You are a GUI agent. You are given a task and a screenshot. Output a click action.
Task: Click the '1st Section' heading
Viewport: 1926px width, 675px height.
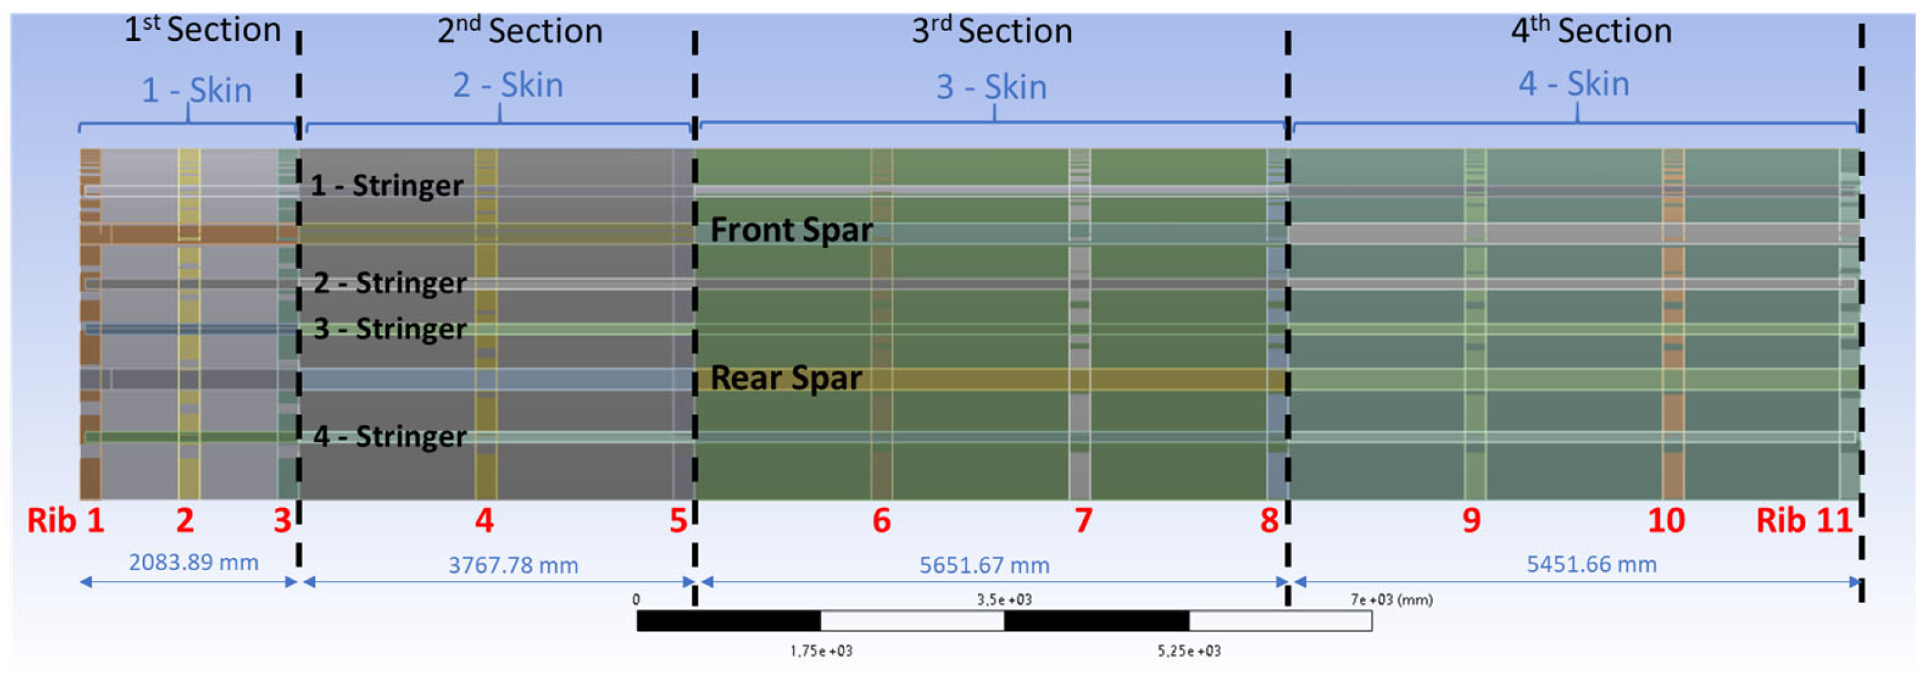tap(202, 30)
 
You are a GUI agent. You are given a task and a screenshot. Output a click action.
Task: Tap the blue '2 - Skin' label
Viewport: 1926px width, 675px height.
tap(508, 86)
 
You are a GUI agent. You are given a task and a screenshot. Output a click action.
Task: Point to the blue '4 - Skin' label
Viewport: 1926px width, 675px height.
tap(1573, 84)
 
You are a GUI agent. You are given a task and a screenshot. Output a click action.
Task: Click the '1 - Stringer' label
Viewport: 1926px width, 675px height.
tap(387, 185)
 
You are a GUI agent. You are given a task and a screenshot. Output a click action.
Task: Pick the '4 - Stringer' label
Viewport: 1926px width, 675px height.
tap(389, 436)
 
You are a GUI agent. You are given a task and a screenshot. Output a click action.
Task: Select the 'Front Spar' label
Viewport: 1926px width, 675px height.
tap(791, 229)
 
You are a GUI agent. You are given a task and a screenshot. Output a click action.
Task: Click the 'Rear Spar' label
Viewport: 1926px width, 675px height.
tap(786, 378)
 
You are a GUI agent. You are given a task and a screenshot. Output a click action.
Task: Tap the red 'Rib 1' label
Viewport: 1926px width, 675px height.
tap(66, 520)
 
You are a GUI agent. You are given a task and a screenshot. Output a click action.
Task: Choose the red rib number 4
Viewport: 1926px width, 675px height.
tap(485, 520)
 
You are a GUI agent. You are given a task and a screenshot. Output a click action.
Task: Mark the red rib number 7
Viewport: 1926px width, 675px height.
tap(1083, 520)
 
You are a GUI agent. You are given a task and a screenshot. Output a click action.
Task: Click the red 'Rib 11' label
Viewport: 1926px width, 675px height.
tap(1804, 520)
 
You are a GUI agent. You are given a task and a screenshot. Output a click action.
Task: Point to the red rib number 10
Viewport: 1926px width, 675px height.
tap(1666, 520)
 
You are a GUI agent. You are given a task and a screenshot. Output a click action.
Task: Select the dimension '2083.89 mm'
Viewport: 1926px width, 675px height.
tap(194, 562)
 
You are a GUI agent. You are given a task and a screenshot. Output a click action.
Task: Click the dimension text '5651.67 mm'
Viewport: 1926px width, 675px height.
tap(984, 565)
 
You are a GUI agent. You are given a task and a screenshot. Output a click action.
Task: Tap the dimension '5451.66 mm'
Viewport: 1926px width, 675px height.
tap(1591, 564)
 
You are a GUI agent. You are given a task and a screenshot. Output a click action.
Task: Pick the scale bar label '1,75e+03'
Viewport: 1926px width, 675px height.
tap(821, 651)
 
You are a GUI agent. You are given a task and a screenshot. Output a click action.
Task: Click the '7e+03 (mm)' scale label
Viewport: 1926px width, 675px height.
tap(1391, 599)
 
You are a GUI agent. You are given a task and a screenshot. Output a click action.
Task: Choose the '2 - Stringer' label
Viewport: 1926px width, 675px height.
tap(389, 283)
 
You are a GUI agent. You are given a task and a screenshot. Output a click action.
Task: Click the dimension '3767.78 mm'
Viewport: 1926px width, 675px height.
tap(513, 565)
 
